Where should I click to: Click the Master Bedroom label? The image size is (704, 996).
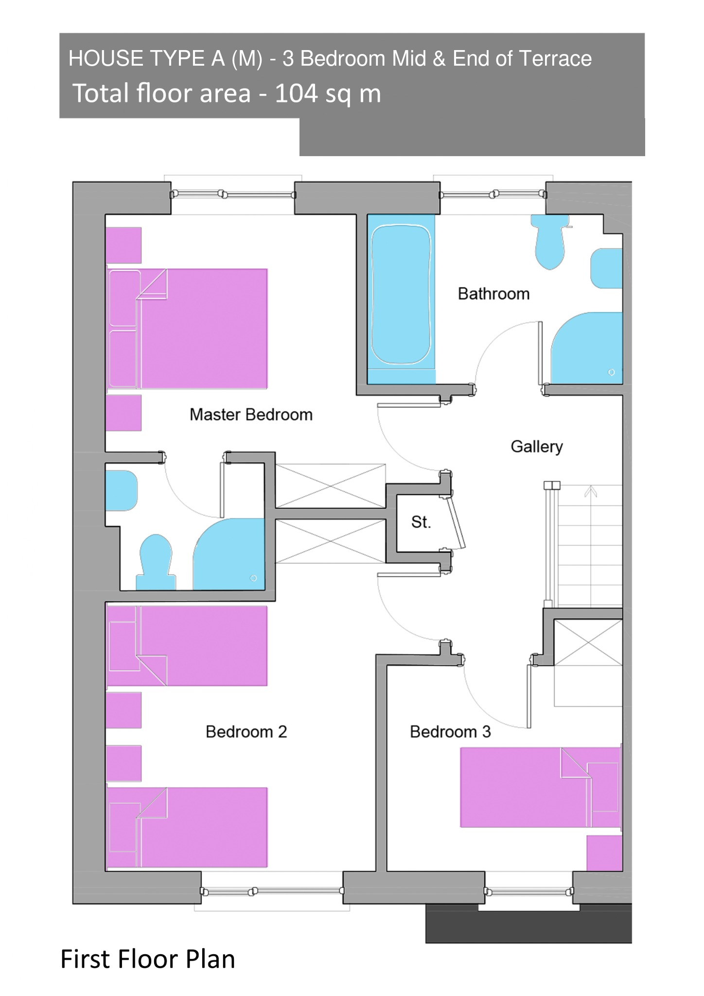click(251, 415)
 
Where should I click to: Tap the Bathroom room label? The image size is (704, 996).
click(493, 294)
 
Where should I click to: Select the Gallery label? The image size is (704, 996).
click(537, 447)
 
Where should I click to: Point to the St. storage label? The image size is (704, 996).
click(421, 522)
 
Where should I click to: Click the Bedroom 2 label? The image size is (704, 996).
click(246, 731)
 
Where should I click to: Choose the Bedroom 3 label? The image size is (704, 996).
click(450, 731)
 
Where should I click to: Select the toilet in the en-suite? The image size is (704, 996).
click(156, 562)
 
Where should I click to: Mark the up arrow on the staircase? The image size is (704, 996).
click(591, 492)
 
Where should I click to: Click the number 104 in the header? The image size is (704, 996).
click(296, 93)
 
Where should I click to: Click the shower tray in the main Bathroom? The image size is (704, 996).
click(587, 348)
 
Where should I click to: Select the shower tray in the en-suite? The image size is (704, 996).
click(229, 554)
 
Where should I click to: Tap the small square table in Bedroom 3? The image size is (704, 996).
click(604, 853)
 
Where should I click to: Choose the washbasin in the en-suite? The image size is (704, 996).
click(122, 491)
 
